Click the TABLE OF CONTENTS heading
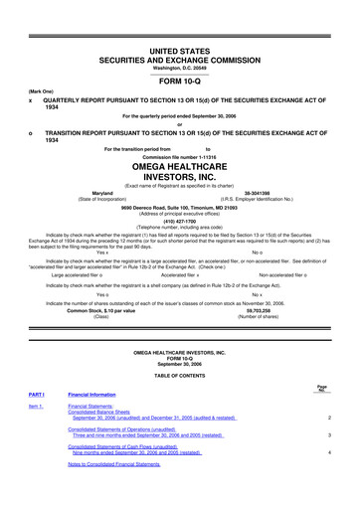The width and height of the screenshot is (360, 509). [180, 390]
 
